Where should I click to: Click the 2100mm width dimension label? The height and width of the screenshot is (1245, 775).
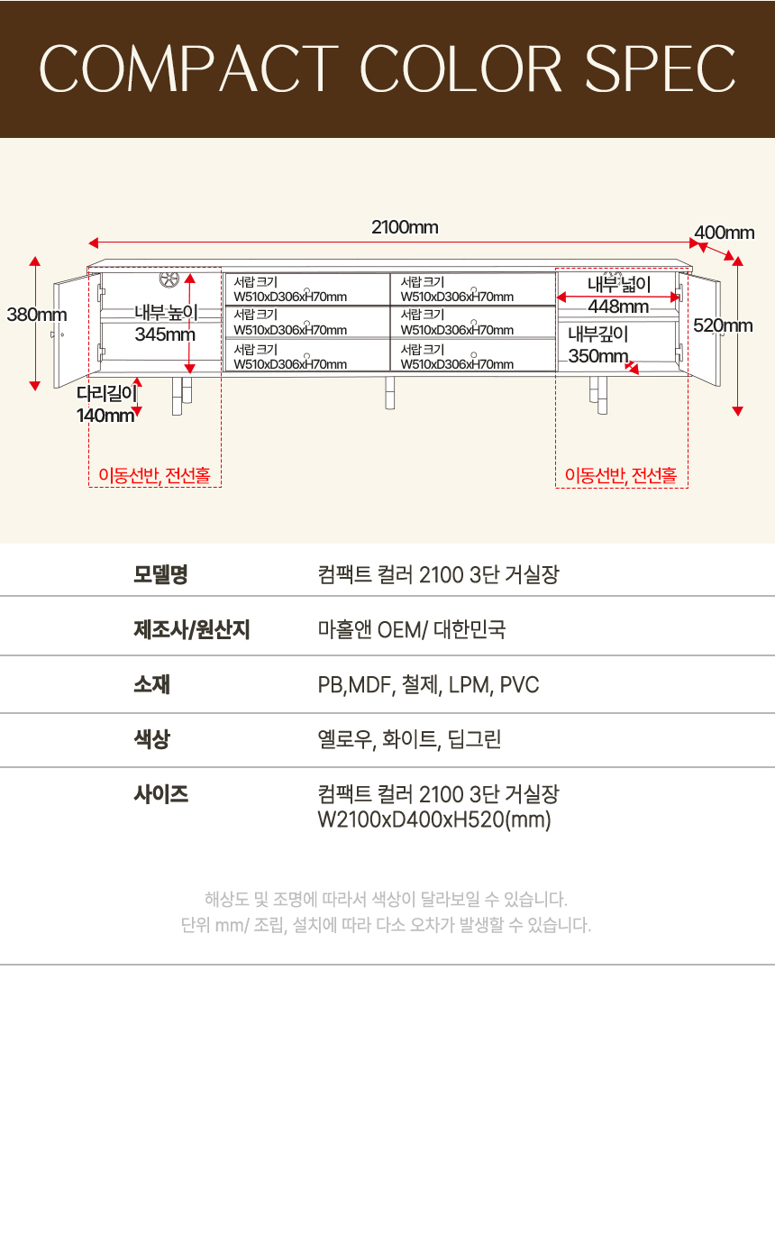405,227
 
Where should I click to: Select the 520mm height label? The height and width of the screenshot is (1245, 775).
723,326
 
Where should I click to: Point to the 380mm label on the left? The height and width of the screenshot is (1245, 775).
37,316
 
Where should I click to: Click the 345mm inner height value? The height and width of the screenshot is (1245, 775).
165,334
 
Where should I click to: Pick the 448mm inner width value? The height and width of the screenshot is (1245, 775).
618,307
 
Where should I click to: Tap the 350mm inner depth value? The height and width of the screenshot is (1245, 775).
597,356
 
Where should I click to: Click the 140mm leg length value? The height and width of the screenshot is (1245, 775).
105,416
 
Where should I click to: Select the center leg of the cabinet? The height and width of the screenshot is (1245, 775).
390,392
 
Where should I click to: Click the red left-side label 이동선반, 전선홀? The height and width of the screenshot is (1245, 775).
155,475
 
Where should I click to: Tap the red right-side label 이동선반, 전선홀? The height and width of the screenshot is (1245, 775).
621,475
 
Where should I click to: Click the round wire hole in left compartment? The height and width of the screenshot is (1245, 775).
170,281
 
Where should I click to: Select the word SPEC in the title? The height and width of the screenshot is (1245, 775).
661,69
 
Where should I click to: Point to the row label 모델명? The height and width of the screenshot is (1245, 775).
160,574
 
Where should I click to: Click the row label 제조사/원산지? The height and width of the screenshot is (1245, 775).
191,629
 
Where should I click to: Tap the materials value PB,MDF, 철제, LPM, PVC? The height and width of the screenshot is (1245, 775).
428,685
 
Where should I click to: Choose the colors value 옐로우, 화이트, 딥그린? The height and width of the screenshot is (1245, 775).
409,740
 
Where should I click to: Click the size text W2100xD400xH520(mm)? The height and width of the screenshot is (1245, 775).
434,820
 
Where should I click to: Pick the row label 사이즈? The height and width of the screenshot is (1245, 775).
160,794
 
